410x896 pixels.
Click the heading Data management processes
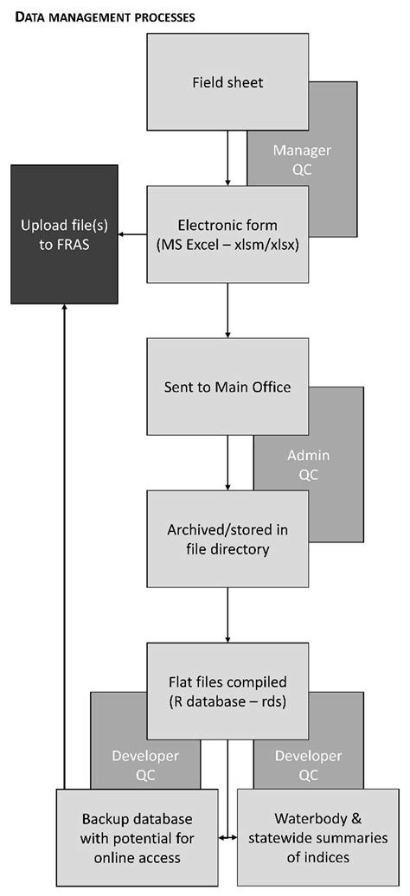pyautogui.click(x=105, y=16)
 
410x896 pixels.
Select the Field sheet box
pyautogui.click(x=227, y=84)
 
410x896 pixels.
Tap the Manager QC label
pyautogui.click(x=302, y=159)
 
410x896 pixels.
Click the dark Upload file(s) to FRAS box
pyautogui.click(x=64, y=234)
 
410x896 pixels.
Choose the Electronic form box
pyautogui.click(x=227, y=234)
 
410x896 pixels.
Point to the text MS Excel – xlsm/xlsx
pyautogui.click(x=227, y=244)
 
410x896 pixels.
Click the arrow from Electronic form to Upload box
pyautogui.click(x=131, y=234)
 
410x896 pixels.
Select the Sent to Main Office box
pyautogui.click(x=227, y=387)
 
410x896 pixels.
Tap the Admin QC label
pyautogui.click(x=309, y=464)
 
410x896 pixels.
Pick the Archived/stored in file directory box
pyautogui.click(x=227, y=539)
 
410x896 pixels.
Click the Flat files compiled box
pyautogui.click(x=227, y=689)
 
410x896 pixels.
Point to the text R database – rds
pyautogui.click(x=227, y=701)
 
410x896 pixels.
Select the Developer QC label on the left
pyautogui.click(x=145, y=765)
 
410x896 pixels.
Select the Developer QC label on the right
pyautogui.click(x=309, y=765)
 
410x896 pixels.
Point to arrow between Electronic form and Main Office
pyautogui.click(x=227, y=310)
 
